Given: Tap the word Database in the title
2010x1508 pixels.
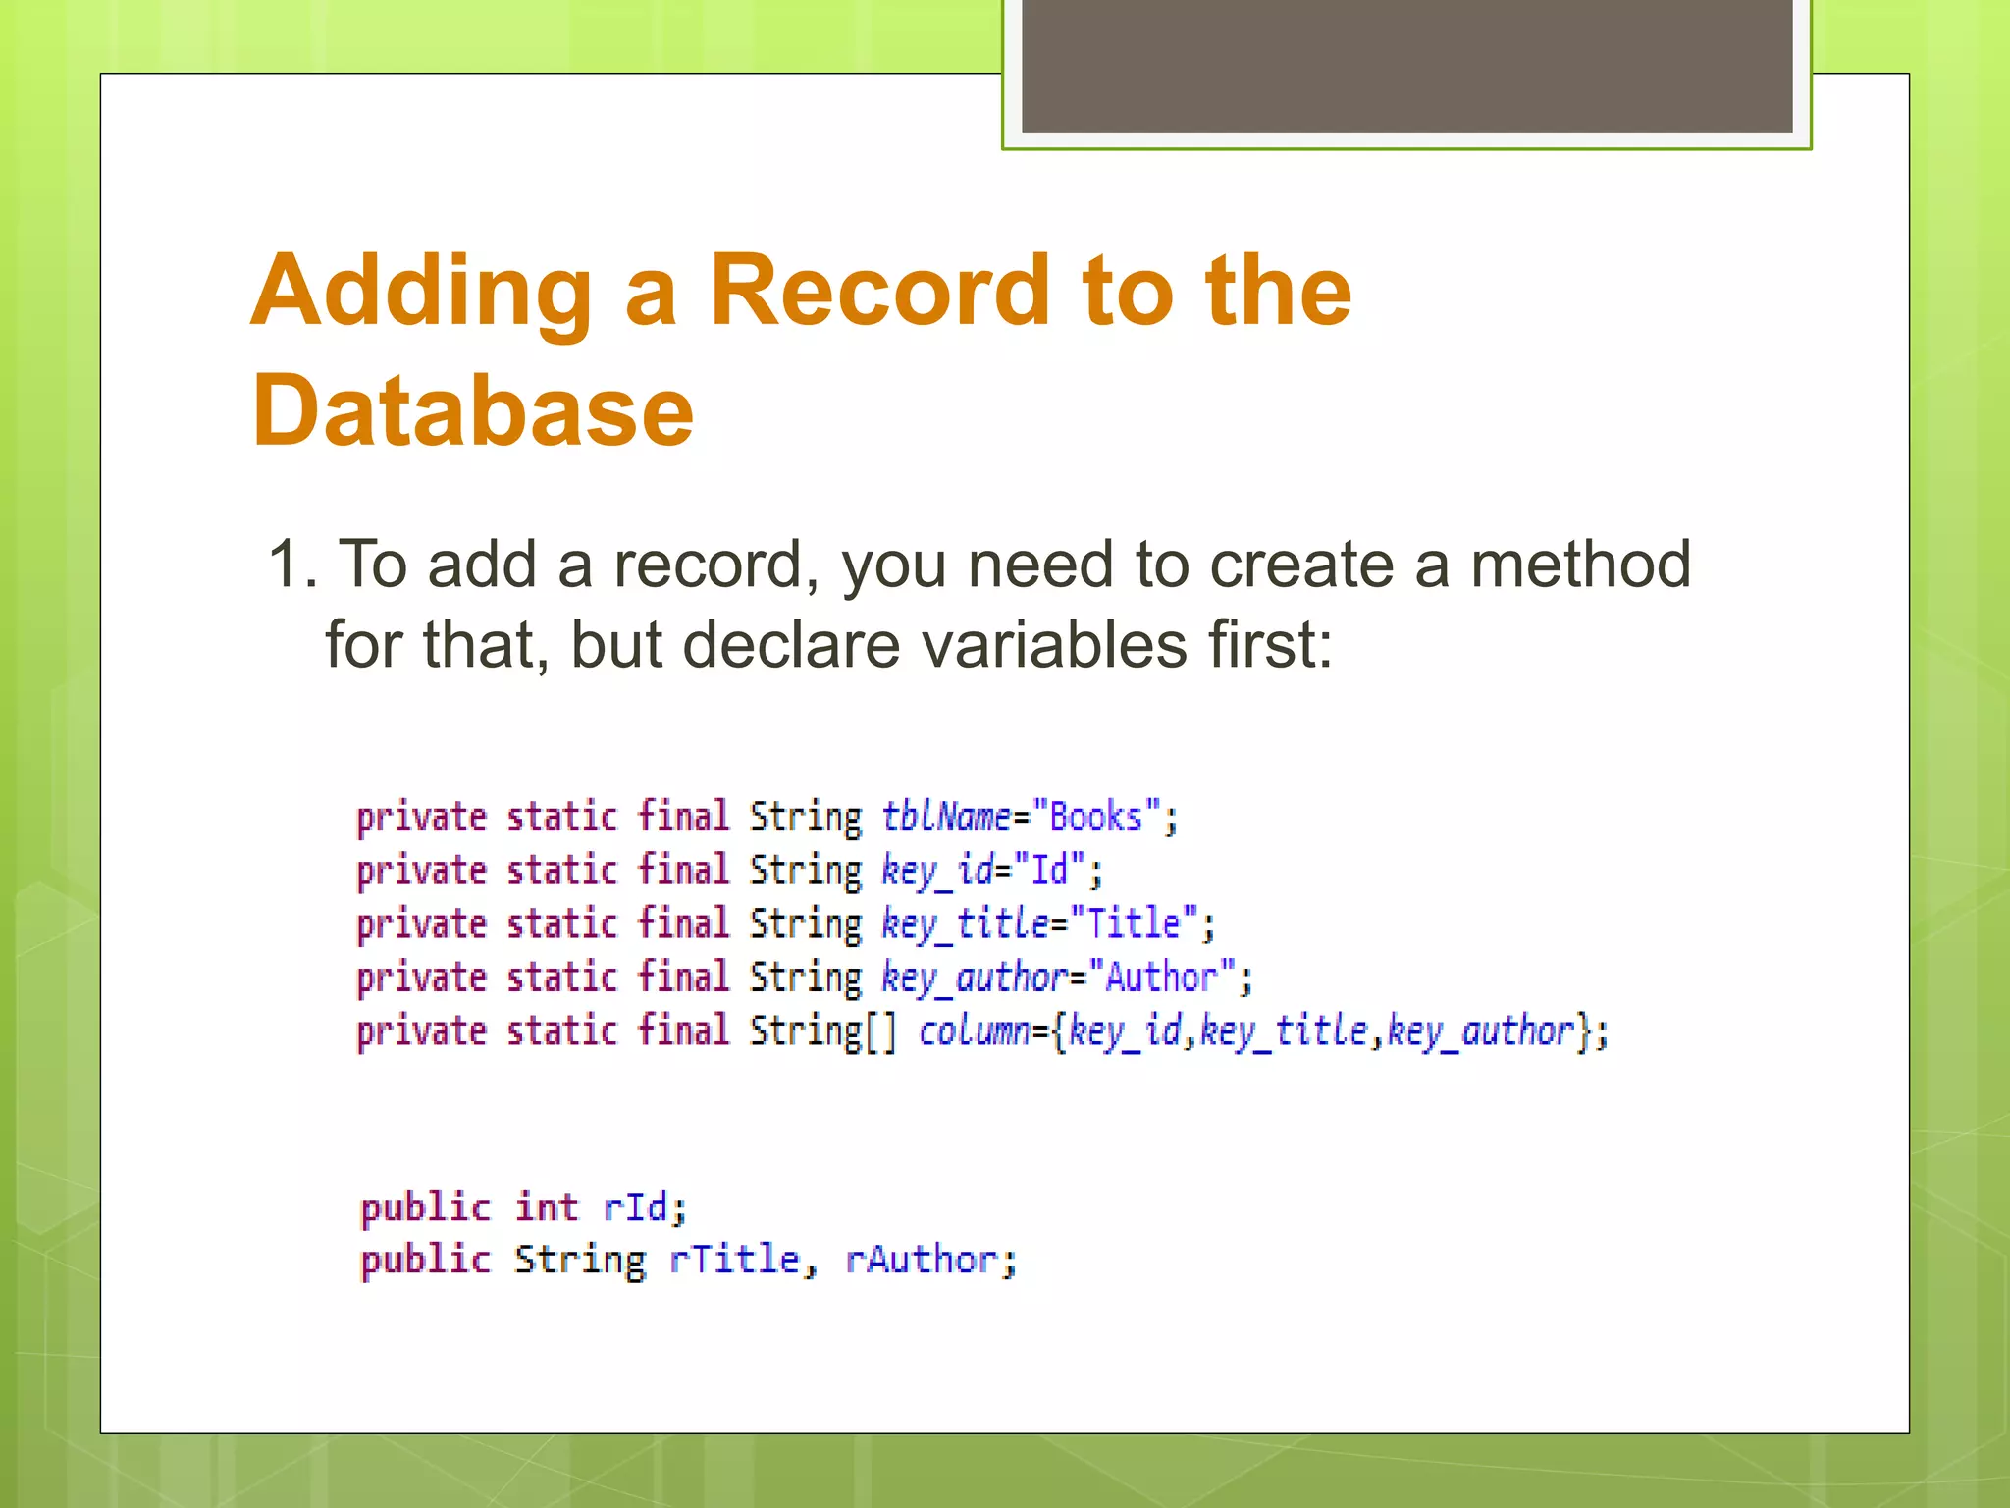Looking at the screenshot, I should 473,411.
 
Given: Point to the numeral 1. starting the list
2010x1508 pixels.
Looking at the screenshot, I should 292,565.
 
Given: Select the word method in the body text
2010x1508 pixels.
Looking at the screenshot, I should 1580,565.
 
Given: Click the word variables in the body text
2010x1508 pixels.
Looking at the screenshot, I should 1054,646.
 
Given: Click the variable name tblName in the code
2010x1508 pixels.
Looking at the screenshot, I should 945,817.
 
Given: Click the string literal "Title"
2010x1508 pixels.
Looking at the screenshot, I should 1134,924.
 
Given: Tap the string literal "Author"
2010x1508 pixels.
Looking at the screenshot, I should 1162,977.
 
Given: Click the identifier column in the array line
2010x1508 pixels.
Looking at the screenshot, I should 974,1031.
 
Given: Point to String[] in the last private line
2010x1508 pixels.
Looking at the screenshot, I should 822,1031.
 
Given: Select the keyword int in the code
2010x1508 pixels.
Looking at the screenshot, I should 547,1207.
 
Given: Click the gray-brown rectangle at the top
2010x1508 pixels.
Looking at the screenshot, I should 1406,65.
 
